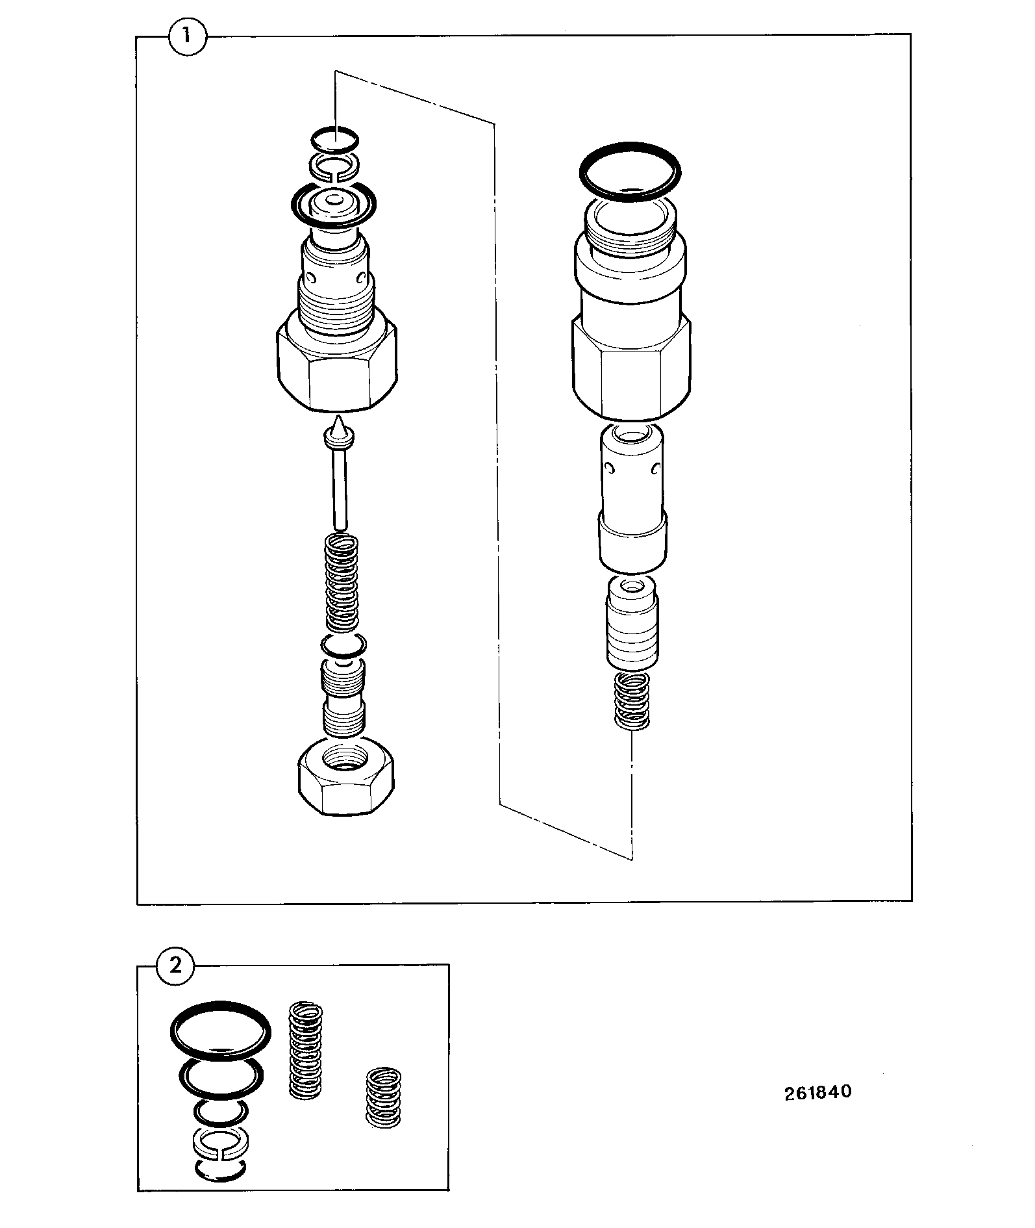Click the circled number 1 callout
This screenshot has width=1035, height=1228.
click(187, 36)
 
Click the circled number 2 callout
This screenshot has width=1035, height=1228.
click(175, 965)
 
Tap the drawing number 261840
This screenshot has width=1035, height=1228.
click(817, 1091)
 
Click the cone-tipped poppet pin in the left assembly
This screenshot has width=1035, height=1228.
click(338, 474)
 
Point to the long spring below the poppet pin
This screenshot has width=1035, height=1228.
click(341, 582)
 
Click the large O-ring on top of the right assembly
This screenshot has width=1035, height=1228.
click(630, 170)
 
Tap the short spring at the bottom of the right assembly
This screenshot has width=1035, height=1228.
click(632, 700)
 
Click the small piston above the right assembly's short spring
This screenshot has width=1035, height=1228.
click(632, 622)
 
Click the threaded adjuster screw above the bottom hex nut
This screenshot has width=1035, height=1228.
click(343, 699)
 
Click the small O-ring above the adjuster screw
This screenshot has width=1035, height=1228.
click(343, 645)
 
